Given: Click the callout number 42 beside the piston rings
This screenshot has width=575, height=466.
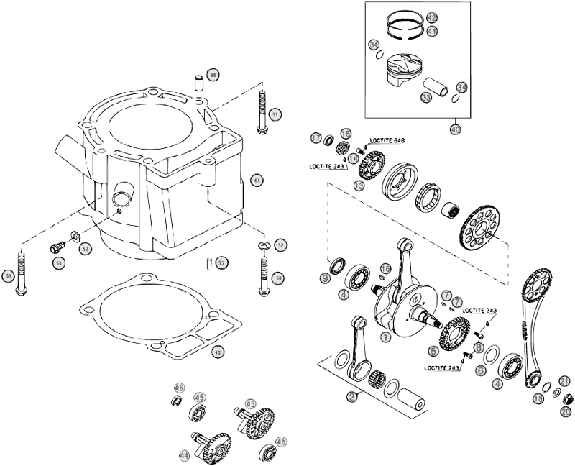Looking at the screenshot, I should (x=432, y=17).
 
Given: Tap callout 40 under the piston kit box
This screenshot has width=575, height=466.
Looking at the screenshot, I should (x=455, y=129).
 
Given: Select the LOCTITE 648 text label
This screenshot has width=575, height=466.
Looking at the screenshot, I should (x=387, y=140).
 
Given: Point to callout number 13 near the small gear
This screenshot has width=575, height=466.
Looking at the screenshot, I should (x=359, y=185).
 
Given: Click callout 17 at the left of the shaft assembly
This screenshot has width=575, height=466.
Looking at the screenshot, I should (x=316, y=137).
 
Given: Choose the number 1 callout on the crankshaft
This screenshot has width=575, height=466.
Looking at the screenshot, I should (x=386, y=337).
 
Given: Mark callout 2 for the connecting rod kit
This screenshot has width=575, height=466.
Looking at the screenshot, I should (x=351, y=396).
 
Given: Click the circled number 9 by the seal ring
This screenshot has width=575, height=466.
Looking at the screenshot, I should (x=325, y=278).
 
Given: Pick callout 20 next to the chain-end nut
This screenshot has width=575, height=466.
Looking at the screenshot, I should (x=566, y=411).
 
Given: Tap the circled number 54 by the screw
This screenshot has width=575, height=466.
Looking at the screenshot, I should (x=57, y=264).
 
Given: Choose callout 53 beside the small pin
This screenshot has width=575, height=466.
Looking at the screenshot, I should (x=221, y=262).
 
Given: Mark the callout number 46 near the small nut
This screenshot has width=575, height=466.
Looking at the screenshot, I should (x=179, y=388).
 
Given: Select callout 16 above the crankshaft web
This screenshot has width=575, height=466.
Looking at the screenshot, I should (x=385, y=268).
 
